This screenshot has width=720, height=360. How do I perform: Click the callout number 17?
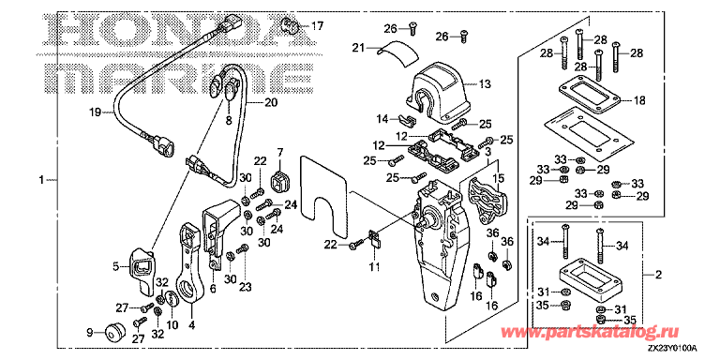316,26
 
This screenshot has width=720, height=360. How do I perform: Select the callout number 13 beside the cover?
485,84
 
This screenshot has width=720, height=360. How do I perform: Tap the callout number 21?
359,48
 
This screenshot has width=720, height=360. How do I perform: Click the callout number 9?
90,332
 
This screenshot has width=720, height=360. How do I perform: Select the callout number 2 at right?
658,276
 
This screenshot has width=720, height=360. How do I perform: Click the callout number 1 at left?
40,179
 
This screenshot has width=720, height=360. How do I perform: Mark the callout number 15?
499,177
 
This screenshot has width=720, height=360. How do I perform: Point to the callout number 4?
192,326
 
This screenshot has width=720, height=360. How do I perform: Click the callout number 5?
117,266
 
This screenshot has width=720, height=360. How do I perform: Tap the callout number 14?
382,119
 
